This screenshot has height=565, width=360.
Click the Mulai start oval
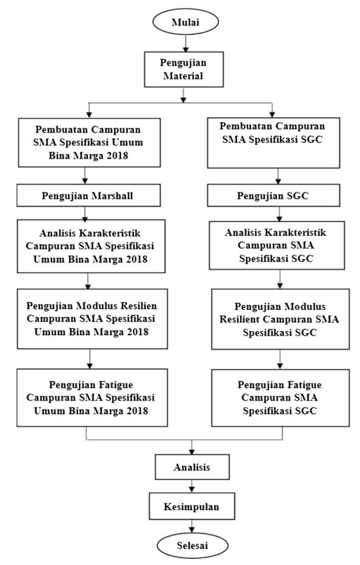(x=185, y=22)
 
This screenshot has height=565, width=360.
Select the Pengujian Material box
(x=184, y=69)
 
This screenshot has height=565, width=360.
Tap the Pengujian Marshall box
(x=88, y=195)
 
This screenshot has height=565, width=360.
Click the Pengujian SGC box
(x=273, y=195)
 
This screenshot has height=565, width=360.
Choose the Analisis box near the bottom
(x=192, y=467)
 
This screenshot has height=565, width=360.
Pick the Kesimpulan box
(x=192, y=506)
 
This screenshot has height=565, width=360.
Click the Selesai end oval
(x=193, y=545)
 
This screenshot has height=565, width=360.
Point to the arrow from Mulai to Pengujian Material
(x=185, y=43)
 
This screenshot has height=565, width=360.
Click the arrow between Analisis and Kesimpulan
(x=192, y=486)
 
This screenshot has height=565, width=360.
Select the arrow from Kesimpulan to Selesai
(x=192, y=526)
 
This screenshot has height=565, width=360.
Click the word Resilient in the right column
(x=239, y=319)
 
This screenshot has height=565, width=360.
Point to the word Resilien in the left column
(x=139, y=306)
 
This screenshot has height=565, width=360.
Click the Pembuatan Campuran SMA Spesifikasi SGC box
(x=273, y=142)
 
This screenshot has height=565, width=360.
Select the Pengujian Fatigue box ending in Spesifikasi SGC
(x=281, y=398)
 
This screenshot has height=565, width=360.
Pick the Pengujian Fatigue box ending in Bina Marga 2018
(x=92, y=398)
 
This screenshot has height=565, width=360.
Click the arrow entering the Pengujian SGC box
(x=278, y=176)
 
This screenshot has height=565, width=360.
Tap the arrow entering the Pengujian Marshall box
(x=85, y=175)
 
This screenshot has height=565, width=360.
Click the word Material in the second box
(x=183, y=76)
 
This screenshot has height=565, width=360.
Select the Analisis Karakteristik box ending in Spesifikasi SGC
(x=277, y=246)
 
